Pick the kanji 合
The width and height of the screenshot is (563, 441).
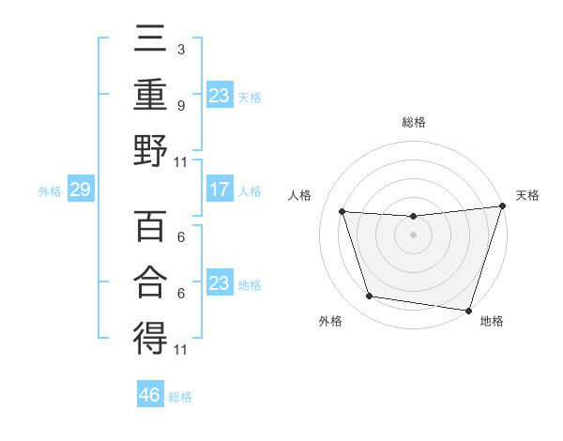click(x=150, y=281)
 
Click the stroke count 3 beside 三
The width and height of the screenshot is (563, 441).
click(x=180, y=48)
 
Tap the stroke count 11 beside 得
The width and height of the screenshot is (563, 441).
click(x=181, y=350)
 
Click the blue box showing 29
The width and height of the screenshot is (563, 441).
click(x=80, y=190)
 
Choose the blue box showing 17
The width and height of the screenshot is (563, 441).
click(x=219, y=190)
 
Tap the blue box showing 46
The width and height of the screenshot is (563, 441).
click(x=150, y=395)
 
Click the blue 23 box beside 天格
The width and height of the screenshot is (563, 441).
click(x=219, y=96)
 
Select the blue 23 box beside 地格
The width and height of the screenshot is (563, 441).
click(x=219, y=283)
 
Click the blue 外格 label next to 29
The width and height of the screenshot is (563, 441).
click(x=50, y=191)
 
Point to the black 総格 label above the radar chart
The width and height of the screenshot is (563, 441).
click(x=413, y=122)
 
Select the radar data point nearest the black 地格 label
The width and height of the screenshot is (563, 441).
click(x=468, y=310)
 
